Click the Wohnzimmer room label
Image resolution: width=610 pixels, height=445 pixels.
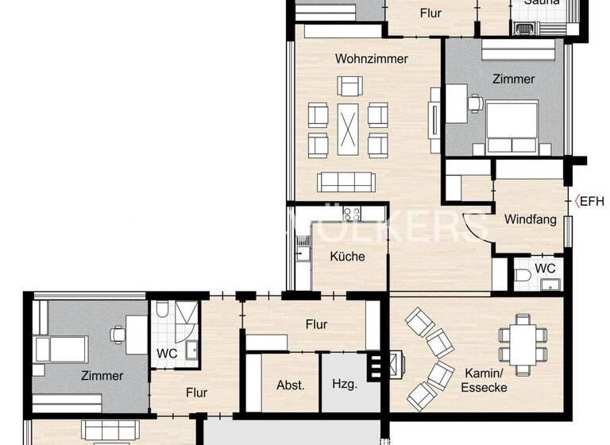371,59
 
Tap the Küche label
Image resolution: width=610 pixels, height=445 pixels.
347,256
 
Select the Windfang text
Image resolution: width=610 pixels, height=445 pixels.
530,219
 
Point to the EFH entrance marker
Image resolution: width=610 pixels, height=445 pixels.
589,201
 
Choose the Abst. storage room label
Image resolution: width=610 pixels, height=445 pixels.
291,385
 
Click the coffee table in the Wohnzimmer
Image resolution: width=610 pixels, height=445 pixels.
348,129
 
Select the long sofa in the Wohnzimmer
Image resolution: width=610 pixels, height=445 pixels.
347,182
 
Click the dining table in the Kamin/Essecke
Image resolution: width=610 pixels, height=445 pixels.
523,339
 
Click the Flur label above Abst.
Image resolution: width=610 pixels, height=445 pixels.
316,324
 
